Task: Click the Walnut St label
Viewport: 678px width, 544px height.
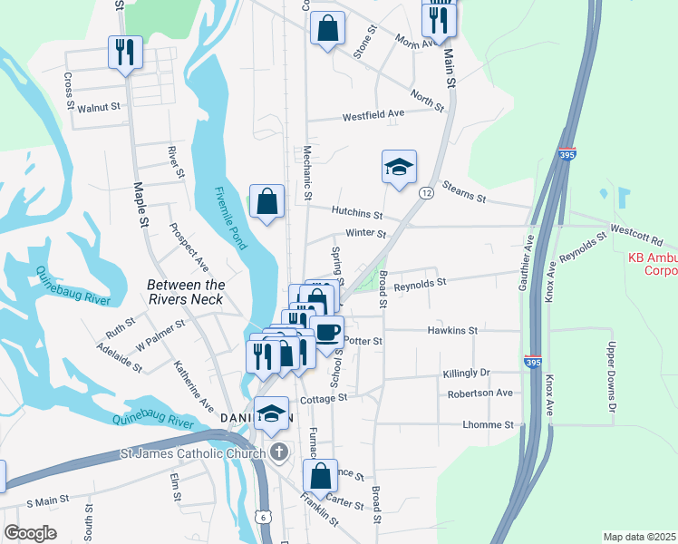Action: [x=99, y=107]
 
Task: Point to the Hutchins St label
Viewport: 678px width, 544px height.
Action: [x=357, y=214]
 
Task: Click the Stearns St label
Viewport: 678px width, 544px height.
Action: [x=464, y=192]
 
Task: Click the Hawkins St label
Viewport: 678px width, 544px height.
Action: [x=452, y=331]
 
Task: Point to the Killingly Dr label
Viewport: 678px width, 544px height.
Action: [x=466, y=373]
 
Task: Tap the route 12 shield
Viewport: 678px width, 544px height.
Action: [x=425, y=192]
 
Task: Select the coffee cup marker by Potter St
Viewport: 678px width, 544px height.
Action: [x=326, y=331]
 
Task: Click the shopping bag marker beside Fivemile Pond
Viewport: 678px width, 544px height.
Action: [x=267, y=203]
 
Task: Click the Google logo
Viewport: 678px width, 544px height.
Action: [x=30, y=533]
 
